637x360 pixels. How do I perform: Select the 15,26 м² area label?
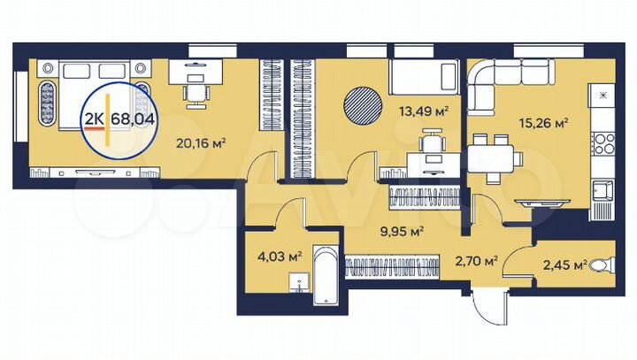point(547,123)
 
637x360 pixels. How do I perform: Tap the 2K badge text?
point(93,117)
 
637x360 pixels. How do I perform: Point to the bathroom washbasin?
point(300,285)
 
